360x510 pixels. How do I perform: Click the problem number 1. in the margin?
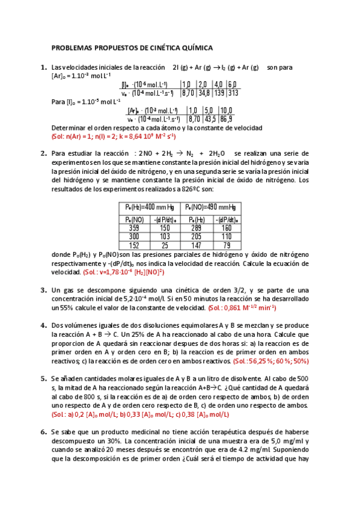(x=43, y=67)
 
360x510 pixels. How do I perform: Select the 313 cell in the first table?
(x=233, y=93)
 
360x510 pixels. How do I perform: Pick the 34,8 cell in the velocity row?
(x=204, y=93)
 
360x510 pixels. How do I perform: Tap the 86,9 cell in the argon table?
(x=226, y=119)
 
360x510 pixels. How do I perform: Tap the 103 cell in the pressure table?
(x=164, y=236)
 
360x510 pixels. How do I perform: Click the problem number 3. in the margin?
(x=43, y=290)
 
